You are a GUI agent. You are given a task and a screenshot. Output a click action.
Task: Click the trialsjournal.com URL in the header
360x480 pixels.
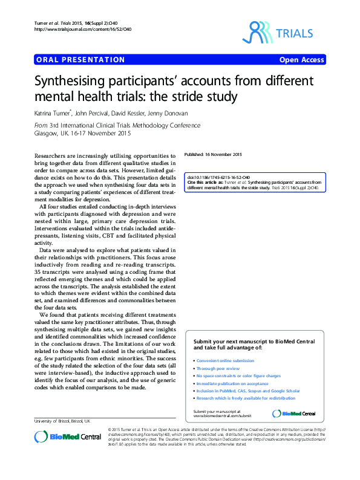[x=74, y=29]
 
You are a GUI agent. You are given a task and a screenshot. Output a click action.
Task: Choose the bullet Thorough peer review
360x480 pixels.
[x=220, y=368]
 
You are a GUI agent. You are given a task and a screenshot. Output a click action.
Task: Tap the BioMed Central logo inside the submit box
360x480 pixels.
[x=294, y=397]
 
